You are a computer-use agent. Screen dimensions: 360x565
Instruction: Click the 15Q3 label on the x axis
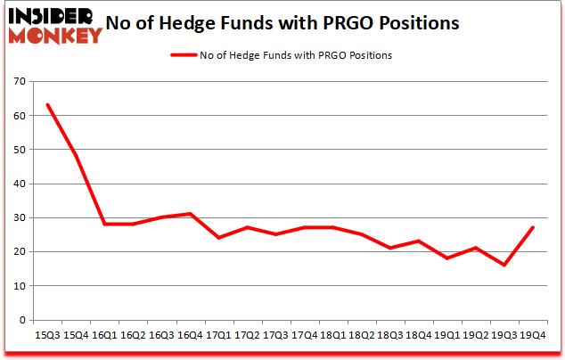(47, 335)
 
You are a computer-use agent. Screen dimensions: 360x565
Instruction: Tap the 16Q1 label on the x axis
(104, 335)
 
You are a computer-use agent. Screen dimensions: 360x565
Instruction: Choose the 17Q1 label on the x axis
(217, 335)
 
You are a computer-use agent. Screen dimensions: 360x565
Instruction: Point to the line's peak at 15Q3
(47, 105)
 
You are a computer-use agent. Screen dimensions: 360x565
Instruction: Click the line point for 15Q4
(76, 157)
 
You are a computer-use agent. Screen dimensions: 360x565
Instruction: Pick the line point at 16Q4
(189, 214)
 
